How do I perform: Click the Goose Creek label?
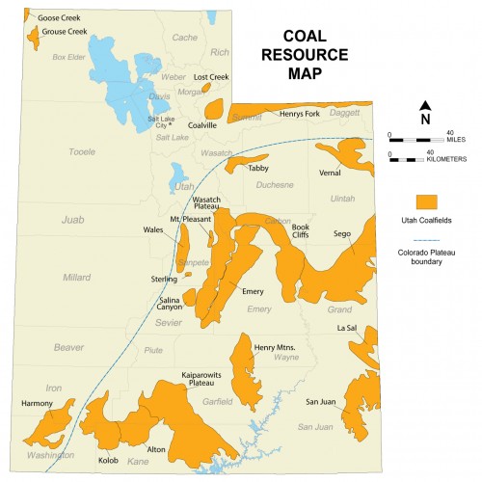click(60, 17)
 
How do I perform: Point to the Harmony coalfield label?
click(38, 403)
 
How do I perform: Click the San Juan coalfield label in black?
click(320, 401)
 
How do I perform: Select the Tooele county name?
click(85, 151)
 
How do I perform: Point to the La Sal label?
click(348, 328)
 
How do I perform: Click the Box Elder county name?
click(69, 57)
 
